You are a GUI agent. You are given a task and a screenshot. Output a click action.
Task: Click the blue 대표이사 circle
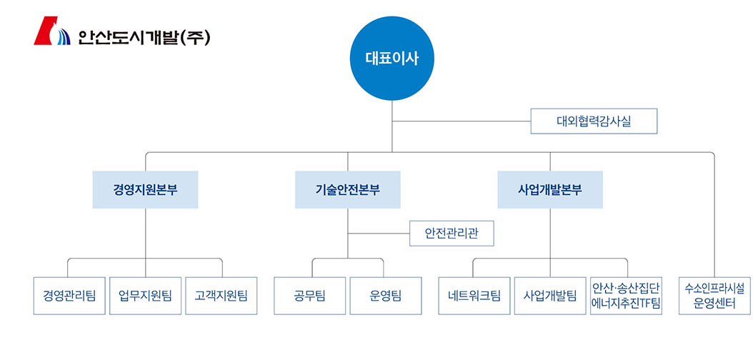pos(392,58)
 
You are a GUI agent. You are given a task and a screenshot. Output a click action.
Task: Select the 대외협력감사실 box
pos(594,121)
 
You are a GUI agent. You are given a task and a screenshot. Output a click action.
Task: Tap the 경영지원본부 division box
pos(145,190)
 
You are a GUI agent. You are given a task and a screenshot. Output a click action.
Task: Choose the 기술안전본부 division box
pos(347,190)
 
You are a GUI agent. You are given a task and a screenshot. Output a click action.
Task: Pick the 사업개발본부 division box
pos(550,190)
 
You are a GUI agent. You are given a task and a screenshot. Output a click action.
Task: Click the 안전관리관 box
pos(452,233)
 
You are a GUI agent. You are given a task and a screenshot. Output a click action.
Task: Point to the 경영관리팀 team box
pos(69,295)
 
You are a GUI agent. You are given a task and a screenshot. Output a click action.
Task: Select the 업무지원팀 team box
pos(145,295)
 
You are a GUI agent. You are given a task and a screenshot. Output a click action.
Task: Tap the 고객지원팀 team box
pos(221,295)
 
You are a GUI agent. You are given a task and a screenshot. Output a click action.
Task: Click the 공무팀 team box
pos(309,295)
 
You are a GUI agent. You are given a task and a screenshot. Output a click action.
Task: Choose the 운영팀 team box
pos(386,295)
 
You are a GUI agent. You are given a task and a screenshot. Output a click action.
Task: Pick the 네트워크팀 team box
pos(474,295)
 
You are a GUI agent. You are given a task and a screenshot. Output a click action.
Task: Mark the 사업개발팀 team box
pos(550,295)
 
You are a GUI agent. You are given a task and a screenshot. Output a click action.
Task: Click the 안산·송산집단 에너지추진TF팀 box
pos(627,295)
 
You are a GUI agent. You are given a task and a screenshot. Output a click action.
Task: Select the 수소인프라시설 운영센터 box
pos(714,295)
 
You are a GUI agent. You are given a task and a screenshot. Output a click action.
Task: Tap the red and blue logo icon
pos(51,32)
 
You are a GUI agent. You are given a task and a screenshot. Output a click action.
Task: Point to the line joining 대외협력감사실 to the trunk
pos(461,121)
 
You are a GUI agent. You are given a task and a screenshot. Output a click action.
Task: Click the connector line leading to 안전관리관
pos(378,233)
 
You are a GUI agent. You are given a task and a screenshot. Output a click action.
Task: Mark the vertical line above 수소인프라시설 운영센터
pos(714,214)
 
